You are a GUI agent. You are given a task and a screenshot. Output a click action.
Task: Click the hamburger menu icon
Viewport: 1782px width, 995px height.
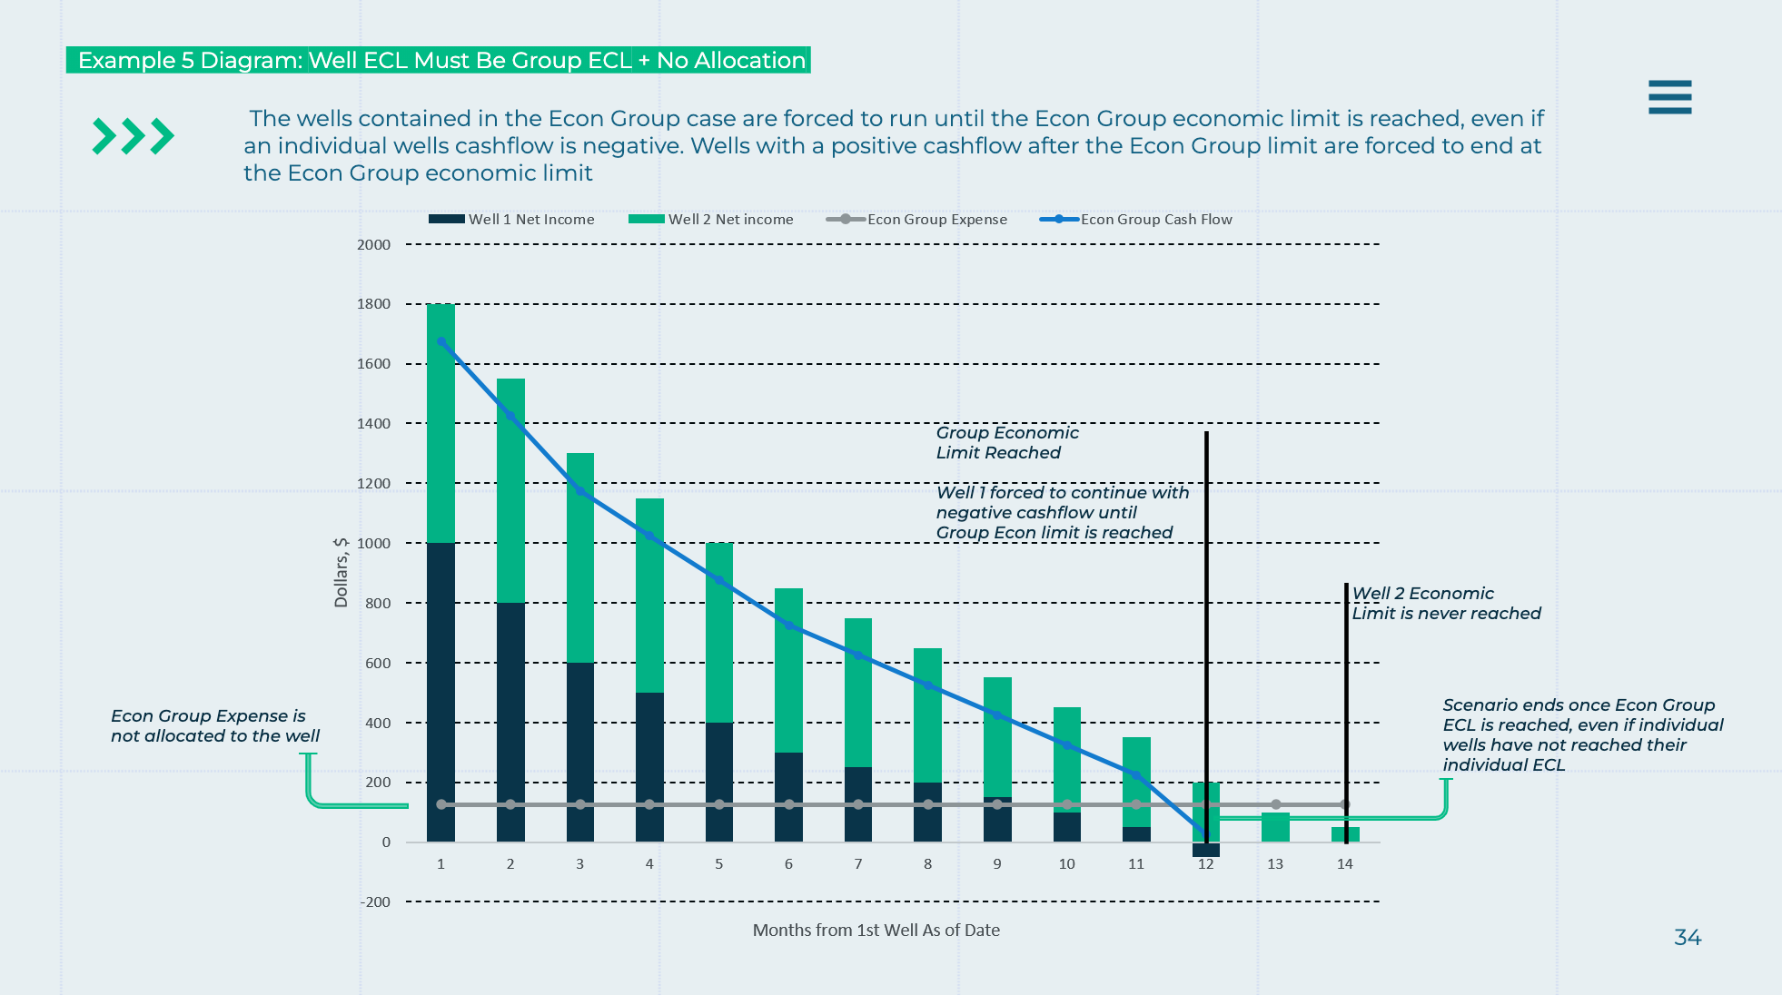(1669, 97)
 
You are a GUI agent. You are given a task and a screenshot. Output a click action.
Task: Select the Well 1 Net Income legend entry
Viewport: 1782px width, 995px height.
(511, 220)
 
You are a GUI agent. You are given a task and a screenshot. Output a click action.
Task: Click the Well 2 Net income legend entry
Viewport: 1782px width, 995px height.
(711, 220)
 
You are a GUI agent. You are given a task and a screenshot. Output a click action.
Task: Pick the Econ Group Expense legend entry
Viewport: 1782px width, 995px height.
(916, 220)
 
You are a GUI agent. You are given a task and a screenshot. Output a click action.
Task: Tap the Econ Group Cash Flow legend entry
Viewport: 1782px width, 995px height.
(1136, 220)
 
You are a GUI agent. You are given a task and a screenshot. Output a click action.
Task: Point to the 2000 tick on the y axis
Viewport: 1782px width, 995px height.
(373, 245)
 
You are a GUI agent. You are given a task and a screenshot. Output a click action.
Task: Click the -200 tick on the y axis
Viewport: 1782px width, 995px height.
(375, 902)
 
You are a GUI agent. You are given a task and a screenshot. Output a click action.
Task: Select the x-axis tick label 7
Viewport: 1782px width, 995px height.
(858, 864)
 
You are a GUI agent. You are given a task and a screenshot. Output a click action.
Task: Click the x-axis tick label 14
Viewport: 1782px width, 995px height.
(1345, 864)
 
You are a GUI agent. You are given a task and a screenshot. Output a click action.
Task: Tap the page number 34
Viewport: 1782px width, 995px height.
(1688, 938)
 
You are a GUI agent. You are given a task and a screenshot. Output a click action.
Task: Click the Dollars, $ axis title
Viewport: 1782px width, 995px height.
(342, 572)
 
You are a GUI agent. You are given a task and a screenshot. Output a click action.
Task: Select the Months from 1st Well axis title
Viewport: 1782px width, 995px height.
(876, 931)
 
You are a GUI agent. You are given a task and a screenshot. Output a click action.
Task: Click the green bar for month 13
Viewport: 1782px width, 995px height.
(1275, 827)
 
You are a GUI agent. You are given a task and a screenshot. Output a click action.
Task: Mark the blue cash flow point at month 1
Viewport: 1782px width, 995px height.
(441, 342)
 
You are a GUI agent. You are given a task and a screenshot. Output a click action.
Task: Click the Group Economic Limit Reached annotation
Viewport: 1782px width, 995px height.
(1006, 443)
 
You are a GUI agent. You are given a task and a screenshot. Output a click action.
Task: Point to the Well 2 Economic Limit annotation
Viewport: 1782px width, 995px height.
(1446, 604)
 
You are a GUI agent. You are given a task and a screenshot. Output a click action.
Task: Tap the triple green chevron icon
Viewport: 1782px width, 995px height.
(134, 136)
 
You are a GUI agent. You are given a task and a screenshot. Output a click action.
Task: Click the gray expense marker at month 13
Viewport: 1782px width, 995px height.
(1276, 804)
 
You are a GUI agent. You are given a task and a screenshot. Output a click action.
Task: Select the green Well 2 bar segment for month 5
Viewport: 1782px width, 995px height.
(719, 633)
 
